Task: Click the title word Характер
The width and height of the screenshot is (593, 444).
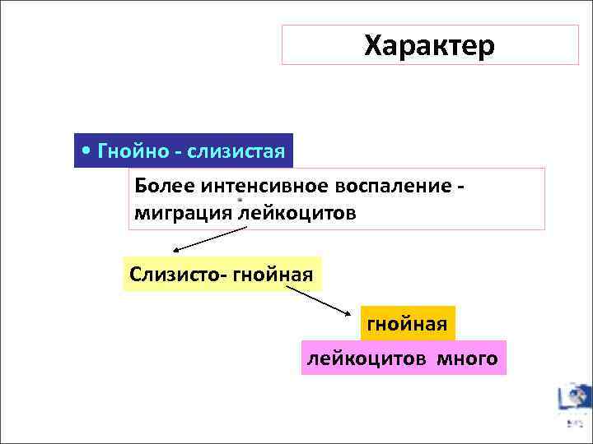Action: tap(429, 45)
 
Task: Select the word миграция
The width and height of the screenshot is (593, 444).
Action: tap(184, 213)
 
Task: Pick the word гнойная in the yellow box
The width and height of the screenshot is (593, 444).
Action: tap(273, 272)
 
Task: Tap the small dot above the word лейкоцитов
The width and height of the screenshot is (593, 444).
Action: tap(240, 199)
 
